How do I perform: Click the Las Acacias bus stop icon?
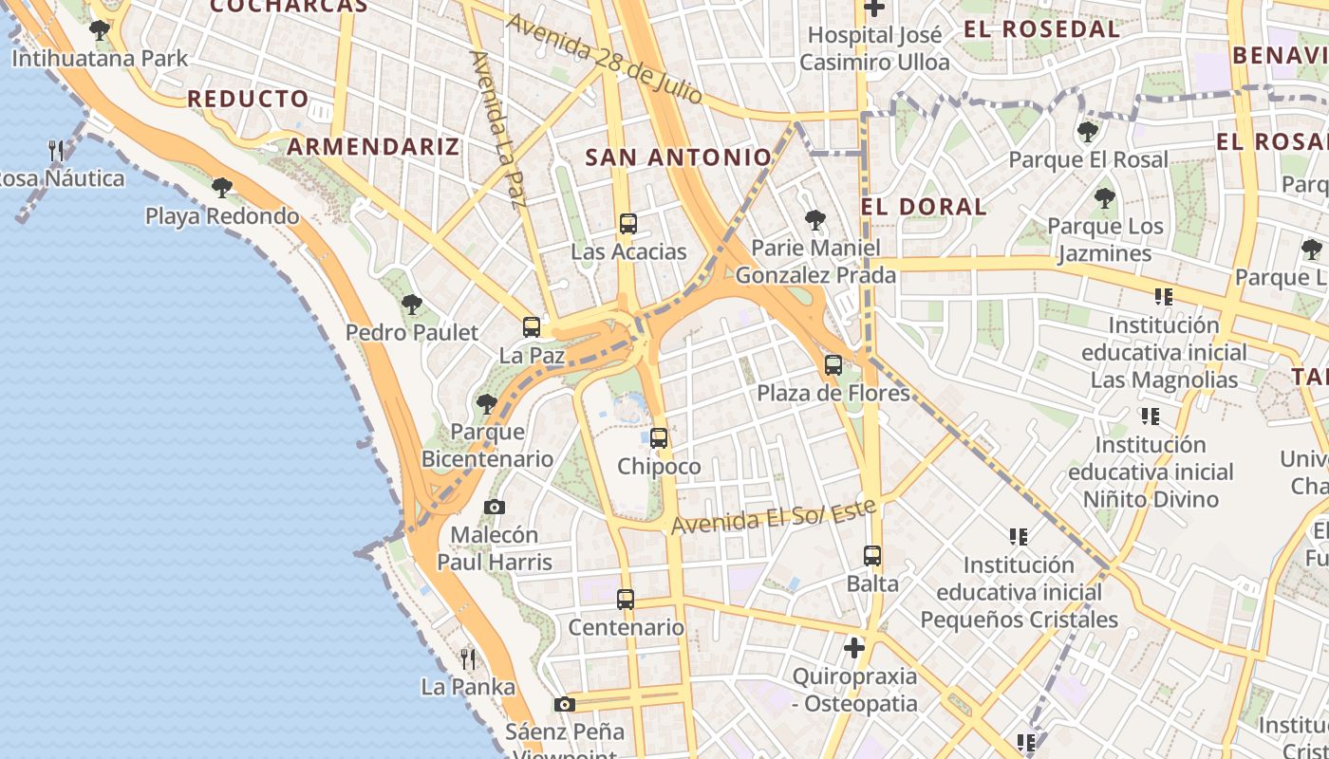point(627,224)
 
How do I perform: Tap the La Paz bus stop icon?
point(532,327)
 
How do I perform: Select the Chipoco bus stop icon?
point(659,438)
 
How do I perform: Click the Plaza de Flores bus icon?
point(833,364)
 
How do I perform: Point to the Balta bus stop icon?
point(872,556)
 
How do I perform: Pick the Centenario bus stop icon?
point(625,600)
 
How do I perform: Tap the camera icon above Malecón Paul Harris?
point(495,508)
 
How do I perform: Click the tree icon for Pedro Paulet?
point(411,305)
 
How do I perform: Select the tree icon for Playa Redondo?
point(222,188)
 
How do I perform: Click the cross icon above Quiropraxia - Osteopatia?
point(854,648)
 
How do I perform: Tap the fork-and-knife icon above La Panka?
point(468,658)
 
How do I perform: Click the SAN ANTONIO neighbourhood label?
point(678,157)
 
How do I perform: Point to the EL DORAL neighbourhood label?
point(924,206)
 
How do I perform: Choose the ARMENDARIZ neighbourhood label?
point(373,146)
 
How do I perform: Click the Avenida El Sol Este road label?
point(774,518)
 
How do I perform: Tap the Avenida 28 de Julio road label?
point(605,59)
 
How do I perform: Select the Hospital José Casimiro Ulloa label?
point(874,49)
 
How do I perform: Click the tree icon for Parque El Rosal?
point(1088,132)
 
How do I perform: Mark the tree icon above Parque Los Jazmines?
point(1104,199)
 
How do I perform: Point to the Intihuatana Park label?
point(101,58)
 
